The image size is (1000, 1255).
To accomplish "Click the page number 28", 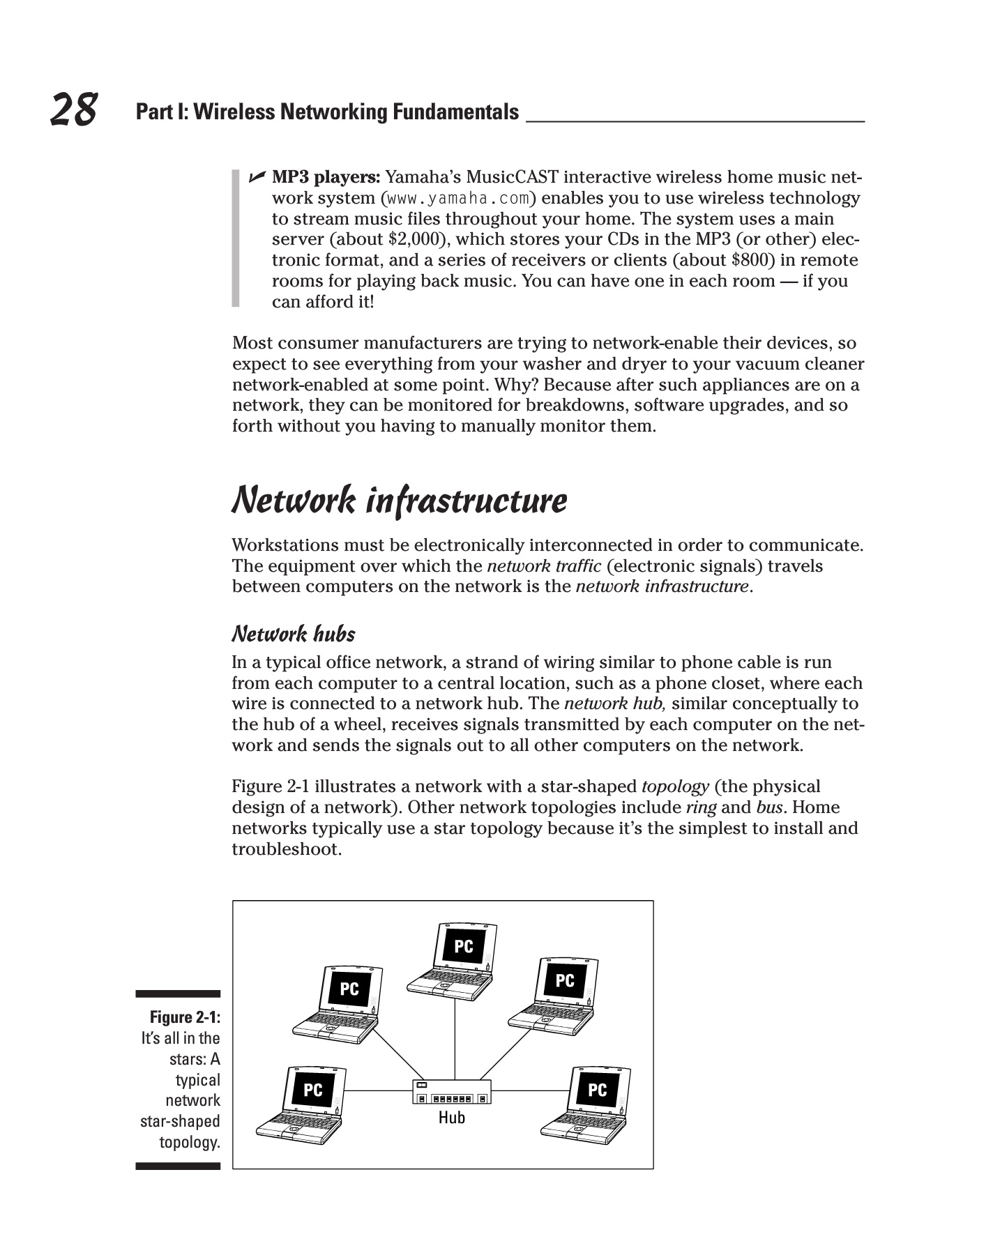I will [73, 110].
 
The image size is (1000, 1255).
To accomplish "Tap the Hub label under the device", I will [451, 1118].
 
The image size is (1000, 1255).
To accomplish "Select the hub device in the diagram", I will [452, 1092].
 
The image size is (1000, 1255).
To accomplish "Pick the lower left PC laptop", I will [301, 1105].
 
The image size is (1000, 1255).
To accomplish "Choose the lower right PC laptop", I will [586, 1105].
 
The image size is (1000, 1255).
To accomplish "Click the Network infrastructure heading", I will [399, 501].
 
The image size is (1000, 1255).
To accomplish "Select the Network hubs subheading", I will [294, 634].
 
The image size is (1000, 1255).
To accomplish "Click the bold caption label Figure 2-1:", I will [185, 1017].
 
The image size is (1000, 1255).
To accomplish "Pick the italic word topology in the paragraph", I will [675, 787].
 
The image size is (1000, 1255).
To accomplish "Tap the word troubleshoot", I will [287, 849].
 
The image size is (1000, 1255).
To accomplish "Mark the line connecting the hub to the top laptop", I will [455, 1039].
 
